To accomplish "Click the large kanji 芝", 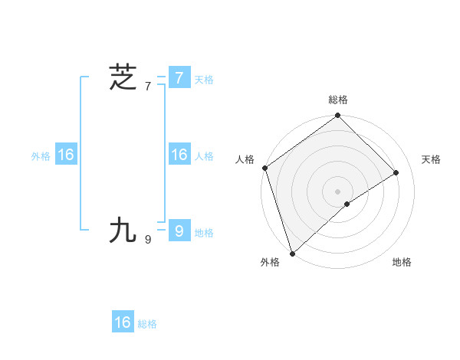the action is pyautogui.click(x=123, y=77).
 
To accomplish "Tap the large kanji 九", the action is pyautogui.click(x=123, y=230).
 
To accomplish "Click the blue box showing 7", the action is pyautogui.click(x=179, y=77).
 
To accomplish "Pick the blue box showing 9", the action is pyautogui.click(x=179, y=230).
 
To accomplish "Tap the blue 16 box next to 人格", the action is pyautogui.click(x=179, y=155).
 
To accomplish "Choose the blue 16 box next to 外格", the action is pyautogui.click(x=65, y=155).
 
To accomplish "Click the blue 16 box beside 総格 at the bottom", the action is pyautogui.click(x=123, y=322).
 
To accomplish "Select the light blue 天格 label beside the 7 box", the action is pyautogui.click(x=204, y=80).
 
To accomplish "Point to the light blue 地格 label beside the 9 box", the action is pyautogui.click(x=204, y=233).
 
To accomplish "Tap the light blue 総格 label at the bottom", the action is pyautogui.click(x=147, y=325).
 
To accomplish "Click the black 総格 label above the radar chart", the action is pyautogui.click(x=337, y=100).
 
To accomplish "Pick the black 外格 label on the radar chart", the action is pyautogui.click(x=270, y=263).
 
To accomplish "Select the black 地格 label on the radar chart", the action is pyautogui.click(x=402, y=263).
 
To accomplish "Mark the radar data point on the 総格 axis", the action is pyautogui.click(x=337, y=116).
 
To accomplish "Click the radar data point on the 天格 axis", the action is pyautogui.click(x=396, y=172).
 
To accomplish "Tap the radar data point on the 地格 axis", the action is pyautogui.click(x=347, y=204).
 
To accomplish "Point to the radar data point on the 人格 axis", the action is pyautogui.click(x=264, y=168).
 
